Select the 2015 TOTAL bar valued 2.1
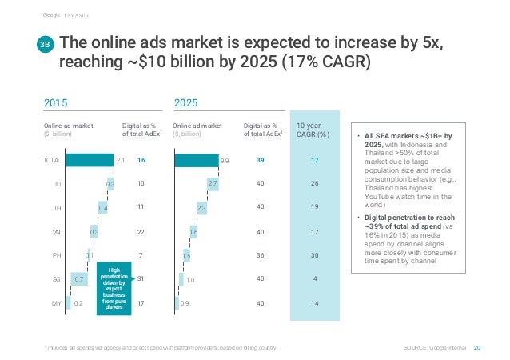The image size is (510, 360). (90, 161)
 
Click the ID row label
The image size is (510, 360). (58, 185)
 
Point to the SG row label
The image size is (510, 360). (58, 278)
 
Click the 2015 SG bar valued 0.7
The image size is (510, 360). (78, 278)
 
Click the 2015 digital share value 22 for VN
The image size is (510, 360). (140, 232)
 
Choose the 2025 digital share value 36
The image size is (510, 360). (261, 255)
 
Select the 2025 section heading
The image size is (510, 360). (185, 102)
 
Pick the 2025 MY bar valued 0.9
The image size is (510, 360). (177, 302)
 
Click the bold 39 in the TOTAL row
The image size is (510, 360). (261, 161)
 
